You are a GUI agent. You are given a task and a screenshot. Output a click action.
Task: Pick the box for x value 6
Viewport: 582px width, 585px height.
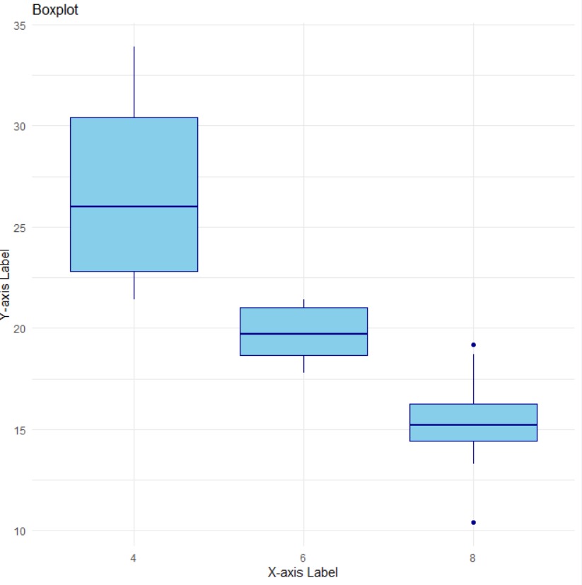pos(303,344)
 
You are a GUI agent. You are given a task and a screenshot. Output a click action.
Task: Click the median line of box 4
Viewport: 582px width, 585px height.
pos(134,207)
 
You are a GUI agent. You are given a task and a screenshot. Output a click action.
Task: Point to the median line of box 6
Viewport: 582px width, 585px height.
pos(303,334)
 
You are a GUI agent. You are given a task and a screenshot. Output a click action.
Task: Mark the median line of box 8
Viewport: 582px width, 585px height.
pos(473,424)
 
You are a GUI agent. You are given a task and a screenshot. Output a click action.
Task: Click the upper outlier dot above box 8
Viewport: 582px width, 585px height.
pos(473,344)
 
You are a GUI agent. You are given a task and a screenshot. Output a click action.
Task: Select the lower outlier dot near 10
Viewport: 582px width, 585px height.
pos(473,522)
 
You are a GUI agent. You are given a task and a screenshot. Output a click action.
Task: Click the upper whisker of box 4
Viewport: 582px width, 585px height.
pos(134,81)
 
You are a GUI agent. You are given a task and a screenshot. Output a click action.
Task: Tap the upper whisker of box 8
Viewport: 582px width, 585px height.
pos(473,378)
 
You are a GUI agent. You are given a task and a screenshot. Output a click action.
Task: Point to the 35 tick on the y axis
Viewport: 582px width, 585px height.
pos(19,25)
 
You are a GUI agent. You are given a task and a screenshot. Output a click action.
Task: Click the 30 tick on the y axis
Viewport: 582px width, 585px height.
pos(19,126)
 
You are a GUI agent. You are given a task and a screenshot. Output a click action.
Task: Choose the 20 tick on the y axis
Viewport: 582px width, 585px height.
pos(19,328)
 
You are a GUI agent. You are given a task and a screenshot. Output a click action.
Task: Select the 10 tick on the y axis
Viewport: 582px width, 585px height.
pos(19,531)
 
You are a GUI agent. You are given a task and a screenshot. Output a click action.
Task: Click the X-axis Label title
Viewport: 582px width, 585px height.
pos(303,572)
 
